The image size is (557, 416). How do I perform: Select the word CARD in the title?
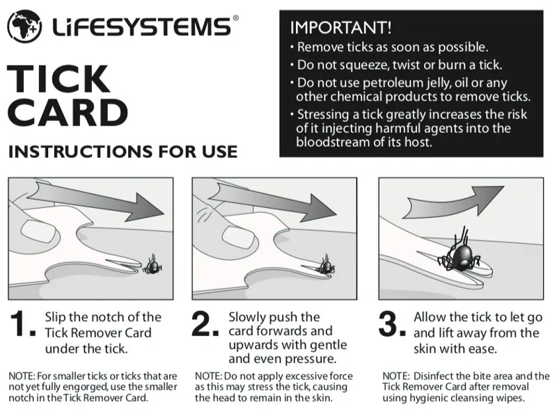pos(68,112)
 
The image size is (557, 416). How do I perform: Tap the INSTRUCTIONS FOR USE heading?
pos(122,151)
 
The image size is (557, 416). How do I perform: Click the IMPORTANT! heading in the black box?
pos(340,28)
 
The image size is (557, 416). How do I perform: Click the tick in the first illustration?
pos(152,264)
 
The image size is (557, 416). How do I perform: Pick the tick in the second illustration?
pos(324,265)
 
